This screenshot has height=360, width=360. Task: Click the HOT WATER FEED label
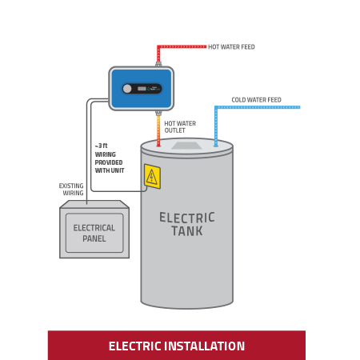pyautogui.click(x=231, y=47)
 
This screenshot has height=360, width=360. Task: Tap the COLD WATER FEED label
pyautogui.click(x=256, y=100)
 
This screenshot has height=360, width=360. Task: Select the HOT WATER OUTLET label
pyautogui.click(x=180, y=127)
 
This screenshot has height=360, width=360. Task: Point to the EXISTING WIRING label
pyautogui.click(x=71, y=190)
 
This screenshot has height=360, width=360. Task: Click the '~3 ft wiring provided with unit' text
pyautogui.click(x=109, y=158)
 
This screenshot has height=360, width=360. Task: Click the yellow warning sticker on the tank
pyautogui.click(x=152, y=177)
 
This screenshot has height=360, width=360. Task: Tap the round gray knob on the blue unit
pyautogui.click(x=127, y=89)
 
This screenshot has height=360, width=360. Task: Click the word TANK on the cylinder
pyautogui.click(x=186, y=232)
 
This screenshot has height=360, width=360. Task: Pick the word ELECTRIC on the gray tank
pyautogui.click(x=186, y=218)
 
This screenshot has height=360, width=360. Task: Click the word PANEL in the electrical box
pyautogui.click(x=94, y=239)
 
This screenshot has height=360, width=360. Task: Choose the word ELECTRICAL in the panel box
pyautogui.click(x=94, y=228)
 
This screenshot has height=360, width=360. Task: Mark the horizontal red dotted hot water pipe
pyautogui.click(x=182, y=46)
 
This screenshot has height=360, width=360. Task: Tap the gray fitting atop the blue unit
pyautogui.click(x=158, y=64)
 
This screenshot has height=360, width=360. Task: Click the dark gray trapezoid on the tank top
pyautogui.click(x=186, y=146)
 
